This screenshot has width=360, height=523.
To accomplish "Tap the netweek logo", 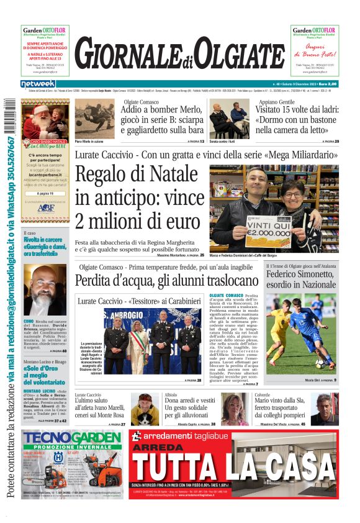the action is click(x=38, y=84).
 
